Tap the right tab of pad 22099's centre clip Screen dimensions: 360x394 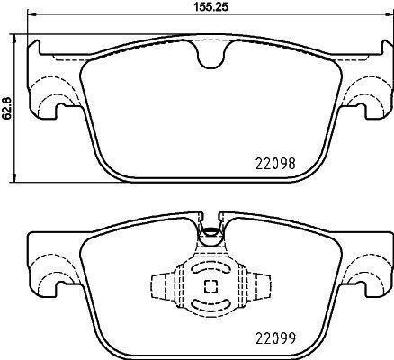(x=264, y=287)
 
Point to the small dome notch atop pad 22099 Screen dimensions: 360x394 (x=210, y=231)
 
